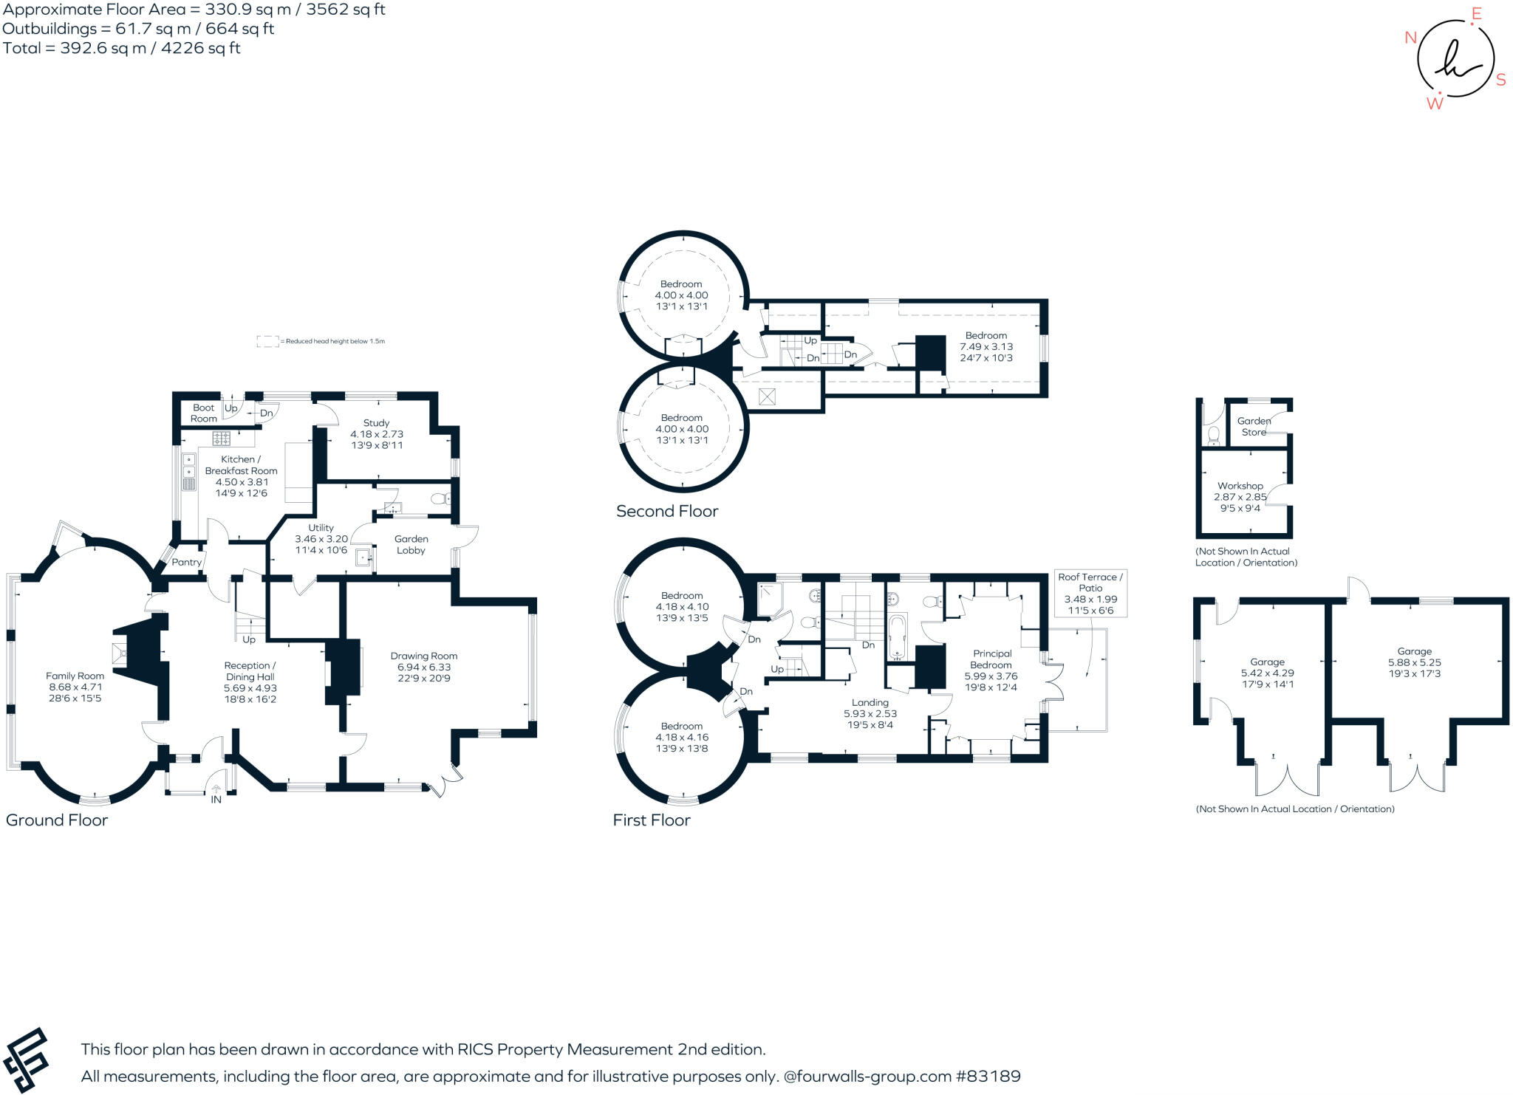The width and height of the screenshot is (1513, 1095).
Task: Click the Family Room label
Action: (x=75, y=676)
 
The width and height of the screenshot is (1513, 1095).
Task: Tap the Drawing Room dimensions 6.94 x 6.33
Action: (x=423, y=667)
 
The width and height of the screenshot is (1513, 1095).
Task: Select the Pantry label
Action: (x=186, y=562)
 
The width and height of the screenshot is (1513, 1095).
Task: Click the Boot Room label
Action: (x=203, y=413)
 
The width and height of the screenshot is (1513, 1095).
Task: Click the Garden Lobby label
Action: (x=411, y=544)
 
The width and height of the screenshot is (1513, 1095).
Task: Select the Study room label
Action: (x=376, y=423)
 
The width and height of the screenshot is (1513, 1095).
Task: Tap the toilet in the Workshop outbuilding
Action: (x=1213, y=436)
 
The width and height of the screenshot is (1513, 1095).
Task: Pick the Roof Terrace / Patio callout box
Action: (x=1090, y=593)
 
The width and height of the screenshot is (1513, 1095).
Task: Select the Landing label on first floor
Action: (x=870, y=703)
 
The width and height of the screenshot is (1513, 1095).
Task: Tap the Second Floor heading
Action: (x=666, y=511)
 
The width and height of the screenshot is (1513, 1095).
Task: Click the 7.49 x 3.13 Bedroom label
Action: (x=986, y=346)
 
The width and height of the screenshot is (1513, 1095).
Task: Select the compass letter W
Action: (x=1434, y=103)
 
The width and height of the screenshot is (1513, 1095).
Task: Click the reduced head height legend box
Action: (x=267, y=341)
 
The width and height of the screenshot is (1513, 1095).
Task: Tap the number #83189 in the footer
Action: (x=988, y=1076)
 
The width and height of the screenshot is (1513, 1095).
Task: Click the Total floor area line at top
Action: (x=122, y=48)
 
